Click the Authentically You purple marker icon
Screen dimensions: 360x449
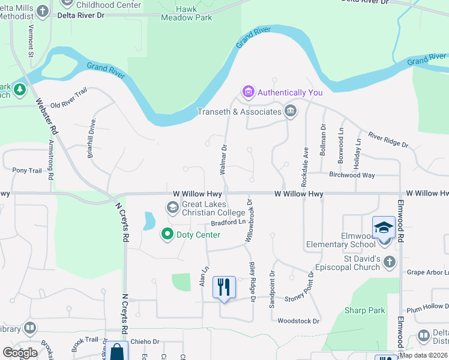point(248,92)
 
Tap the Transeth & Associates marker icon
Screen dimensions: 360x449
point(291,111)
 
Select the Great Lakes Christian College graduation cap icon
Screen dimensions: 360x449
point(173,208)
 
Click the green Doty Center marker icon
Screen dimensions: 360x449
point(167,234)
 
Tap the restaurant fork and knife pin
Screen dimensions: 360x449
point(224,287)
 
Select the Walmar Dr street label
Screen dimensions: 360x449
point(223,160)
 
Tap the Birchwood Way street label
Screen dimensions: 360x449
point(352,175)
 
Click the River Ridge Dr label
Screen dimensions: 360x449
point(388,140)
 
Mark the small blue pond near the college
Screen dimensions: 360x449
point(147,221)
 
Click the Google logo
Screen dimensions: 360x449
point(20,352)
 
